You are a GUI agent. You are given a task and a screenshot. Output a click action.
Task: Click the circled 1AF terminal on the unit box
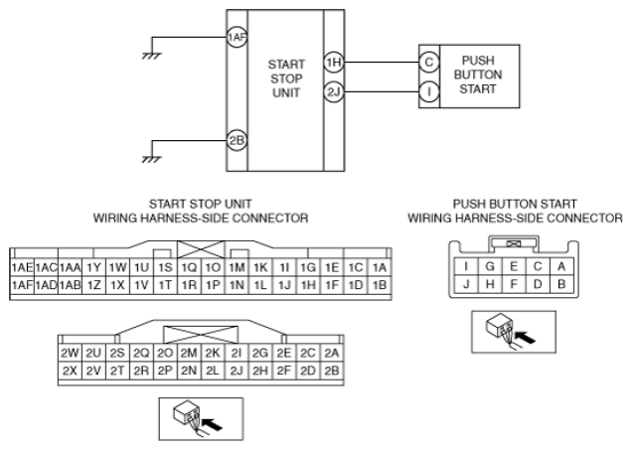pos(237,38)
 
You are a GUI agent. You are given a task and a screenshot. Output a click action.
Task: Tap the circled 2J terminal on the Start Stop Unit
pos(334,92)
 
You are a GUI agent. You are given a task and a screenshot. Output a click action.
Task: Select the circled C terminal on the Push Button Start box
pos(429,63)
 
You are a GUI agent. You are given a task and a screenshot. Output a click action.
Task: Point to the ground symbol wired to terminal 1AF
pos(152,56)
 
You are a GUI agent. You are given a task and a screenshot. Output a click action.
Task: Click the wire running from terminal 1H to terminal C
pos(382,63)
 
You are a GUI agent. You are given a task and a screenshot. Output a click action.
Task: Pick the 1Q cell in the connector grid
pos(189,267)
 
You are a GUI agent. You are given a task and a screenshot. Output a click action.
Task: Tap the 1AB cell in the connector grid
pos(71,285)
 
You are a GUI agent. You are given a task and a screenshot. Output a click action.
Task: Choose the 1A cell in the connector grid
pos(380,267)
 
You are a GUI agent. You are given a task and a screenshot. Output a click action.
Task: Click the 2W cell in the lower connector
pos(70,353)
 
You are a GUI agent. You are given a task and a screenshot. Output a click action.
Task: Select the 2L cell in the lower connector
pos(213,371)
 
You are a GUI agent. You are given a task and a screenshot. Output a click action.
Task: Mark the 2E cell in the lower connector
pos(284,353)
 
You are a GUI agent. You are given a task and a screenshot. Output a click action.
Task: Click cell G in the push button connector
pos(490,266)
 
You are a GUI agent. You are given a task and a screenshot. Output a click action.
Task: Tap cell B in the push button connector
pos(561,284)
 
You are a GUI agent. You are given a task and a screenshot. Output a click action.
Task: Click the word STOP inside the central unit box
pos(286,78)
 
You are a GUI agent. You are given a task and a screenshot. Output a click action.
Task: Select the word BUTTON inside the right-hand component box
pos(478,75)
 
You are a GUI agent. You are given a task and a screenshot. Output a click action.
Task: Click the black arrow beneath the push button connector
pos(526,338)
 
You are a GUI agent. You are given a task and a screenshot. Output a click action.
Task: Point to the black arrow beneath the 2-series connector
pos(212,424)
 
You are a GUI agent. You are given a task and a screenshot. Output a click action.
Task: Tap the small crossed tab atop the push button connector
pos(514,243)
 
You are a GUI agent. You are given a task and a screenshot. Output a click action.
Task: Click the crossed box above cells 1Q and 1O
pos(201,249)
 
